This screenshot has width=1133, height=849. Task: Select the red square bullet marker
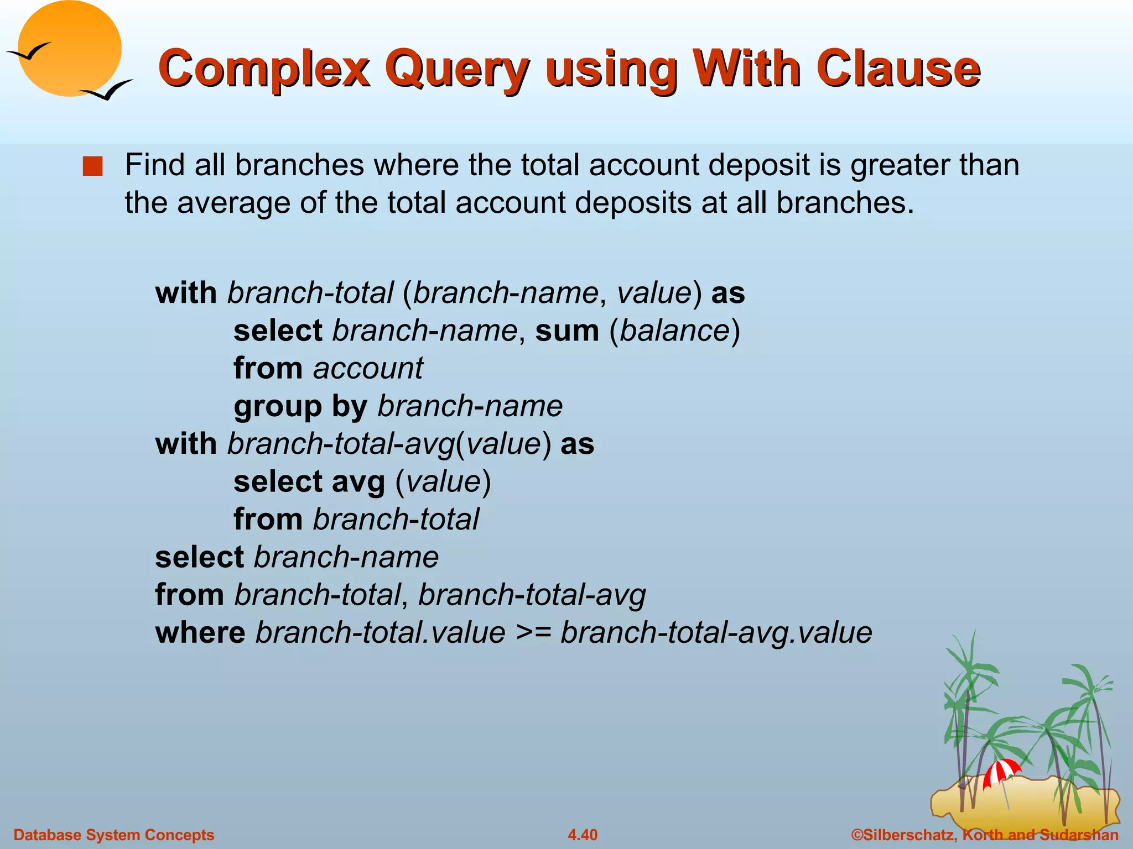pyautogui.click(x=92, y=166)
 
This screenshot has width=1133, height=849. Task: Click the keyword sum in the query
pyautogui.click(x=567, y=331)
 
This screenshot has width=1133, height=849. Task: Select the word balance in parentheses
pyautogui.click(x=674, y=331)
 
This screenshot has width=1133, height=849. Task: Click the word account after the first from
pyautogui.click(x=368, y=368)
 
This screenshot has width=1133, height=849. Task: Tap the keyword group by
pyautogui.click(x=300, y=406)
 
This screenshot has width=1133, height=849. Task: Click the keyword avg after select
pyautogui.click(x=358, y=482)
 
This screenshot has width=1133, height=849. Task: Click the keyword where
pyautogui.click(x=200, y=632)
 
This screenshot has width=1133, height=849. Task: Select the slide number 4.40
pyautogui.click(x=583, y=835)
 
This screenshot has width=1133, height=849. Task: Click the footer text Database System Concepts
pyautogui.click(x=114, y=835)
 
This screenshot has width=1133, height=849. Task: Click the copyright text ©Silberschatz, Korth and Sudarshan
pyautogui.click(x=985, y=835)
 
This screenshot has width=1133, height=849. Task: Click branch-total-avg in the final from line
pyautogui.click(x=532, y=595)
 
